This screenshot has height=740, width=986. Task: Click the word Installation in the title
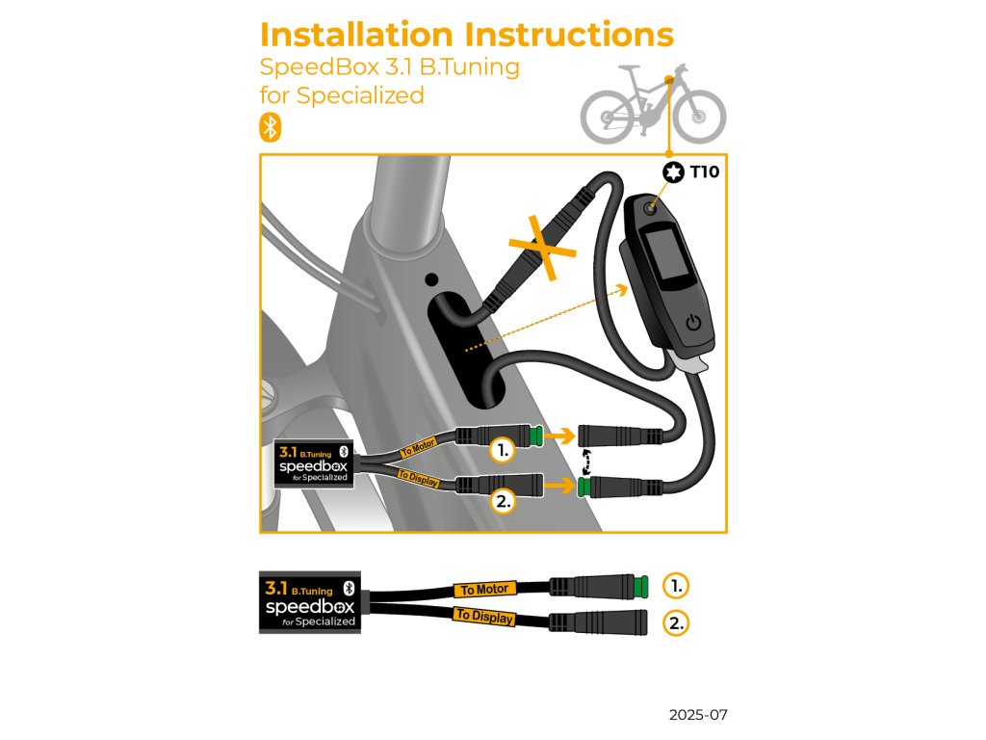pos(356,34)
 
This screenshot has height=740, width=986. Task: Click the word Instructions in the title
pos(568,34)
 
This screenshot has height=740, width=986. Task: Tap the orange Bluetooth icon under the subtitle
pos(271,127)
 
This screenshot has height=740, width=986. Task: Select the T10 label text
pos(704,173)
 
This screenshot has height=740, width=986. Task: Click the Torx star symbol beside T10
pos(671,173)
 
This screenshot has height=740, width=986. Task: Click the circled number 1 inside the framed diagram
pos(502,449)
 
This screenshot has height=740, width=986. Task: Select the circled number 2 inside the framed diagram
pos(502,499)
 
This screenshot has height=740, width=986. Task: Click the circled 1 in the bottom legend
pos(677,585)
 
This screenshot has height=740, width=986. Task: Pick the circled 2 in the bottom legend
pos(677,622)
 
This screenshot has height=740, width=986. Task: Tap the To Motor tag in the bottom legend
pos(484,589)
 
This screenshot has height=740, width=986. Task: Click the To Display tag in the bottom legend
pos(484,617)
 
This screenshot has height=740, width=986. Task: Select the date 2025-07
pos(698,716)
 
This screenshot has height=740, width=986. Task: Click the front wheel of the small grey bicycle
pos(699,119)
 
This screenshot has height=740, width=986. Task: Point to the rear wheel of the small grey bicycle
pos(607,119)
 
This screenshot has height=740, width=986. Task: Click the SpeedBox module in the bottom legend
pos(308,603)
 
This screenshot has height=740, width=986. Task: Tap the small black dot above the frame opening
pos(430,279)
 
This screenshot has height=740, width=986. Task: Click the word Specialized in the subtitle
pos(361,95)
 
